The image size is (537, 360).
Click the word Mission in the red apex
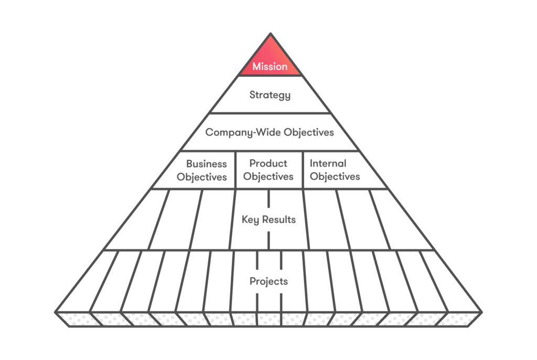270,67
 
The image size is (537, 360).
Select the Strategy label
270,95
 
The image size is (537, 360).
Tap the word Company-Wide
243,133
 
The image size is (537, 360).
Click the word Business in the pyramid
207,164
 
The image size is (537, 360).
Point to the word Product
268,164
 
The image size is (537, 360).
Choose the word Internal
328,164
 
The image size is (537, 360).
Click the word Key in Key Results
251,220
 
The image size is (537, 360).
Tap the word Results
278,220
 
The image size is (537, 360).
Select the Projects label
268,281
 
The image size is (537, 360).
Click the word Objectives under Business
202,177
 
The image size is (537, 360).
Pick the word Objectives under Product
268,177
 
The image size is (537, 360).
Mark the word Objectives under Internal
335,177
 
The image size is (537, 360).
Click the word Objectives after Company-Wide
308,133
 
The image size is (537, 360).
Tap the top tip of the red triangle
270,35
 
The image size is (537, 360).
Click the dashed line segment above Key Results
269,199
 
